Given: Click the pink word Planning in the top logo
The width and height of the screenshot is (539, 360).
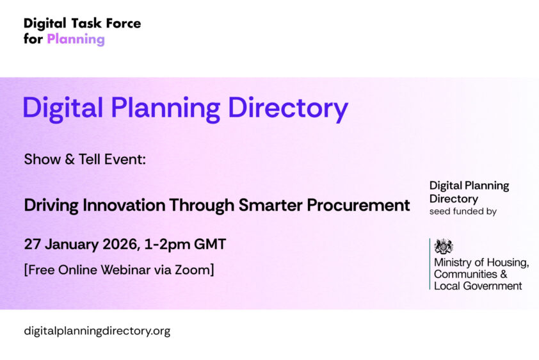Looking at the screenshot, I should [76, 39].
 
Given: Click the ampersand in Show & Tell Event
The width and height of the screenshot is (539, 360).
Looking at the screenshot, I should [70, 159].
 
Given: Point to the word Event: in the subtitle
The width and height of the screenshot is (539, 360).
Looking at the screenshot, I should [129, 159].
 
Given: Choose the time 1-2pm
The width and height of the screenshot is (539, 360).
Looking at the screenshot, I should [170, 244].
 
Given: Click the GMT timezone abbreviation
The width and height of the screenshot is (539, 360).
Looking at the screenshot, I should [211, 244].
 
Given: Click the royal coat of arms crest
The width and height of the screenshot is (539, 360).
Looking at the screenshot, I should [444, 246].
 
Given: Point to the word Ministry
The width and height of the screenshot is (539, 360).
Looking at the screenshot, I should [452, 263].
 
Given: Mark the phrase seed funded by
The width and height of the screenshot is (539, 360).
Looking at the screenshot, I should [462, 211].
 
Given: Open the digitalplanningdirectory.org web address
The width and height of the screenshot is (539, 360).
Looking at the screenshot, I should [97, 331].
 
